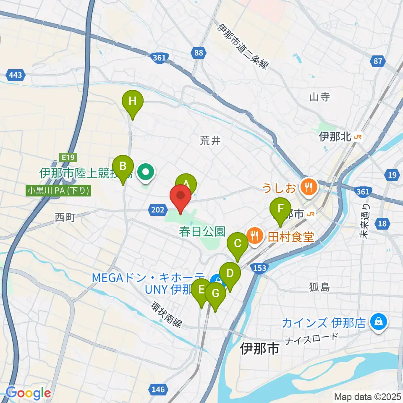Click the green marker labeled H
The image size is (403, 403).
(x=133, y=102)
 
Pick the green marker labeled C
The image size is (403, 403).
(x=238, y=244)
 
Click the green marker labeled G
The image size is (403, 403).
(x=215, y=293)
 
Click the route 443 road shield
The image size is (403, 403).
(x=15, y=75)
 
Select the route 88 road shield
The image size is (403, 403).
(x=199, y=52)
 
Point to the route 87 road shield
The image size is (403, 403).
(x=378, y=62)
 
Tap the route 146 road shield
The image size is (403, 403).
(x=158, y=389)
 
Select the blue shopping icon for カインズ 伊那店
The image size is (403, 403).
(x=378, y=322)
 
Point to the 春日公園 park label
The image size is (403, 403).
(x=202, y=231)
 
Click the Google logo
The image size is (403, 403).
(x=28, y=393)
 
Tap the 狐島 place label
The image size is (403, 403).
(x=320, y=288)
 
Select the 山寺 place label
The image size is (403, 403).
(x=319, y=97)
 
